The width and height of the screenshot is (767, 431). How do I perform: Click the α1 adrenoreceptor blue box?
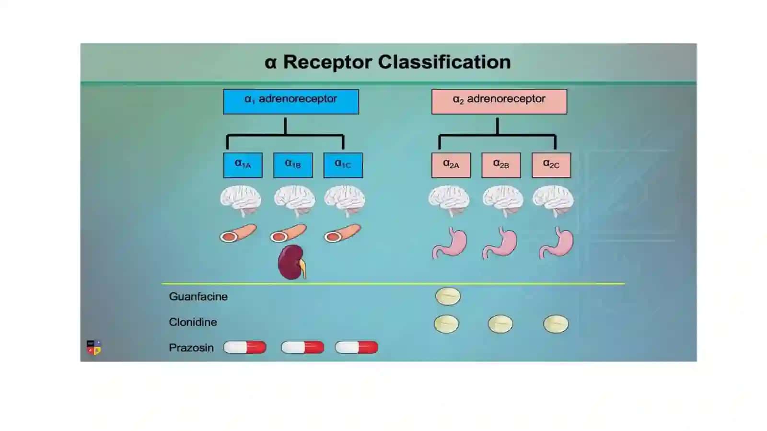coord(291,102)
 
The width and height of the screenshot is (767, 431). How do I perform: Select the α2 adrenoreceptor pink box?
coord(499,102)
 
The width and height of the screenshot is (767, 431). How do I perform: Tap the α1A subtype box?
coord(243,165)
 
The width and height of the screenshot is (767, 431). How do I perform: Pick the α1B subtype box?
coord(293,165)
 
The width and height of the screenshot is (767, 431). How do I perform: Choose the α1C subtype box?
coord(343,165)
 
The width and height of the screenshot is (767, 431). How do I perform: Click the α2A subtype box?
coord(451,165)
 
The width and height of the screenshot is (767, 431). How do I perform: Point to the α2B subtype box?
coord(501,165)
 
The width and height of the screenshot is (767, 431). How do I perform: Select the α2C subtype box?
coord(551,165)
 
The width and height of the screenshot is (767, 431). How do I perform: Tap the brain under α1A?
coord(241,201)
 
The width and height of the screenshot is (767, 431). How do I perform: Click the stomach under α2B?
coord(500,243)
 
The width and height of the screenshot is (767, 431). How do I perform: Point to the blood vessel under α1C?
coord(342,233)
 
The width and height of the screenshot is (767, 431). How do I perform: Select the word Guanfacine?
coord(198,296)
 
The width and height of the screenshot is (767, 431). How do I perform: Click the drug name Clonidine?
coord(193,322)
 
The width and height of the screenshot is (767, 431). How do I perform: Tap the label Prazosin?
coord(191,348)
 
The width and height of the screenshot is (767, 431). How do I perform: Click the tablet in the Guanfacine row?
coord(448,296)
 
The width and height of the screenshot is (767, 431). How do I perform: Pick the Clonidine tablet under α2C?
coord(556,324)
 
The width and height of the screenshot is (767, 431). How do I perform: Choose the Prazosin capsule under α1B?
coord(302,348)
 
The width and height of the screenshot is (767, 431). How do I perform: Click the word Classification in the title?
coord(444,62)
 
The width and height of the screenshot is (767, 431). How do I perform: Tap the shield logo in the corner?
coord(93,348)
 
